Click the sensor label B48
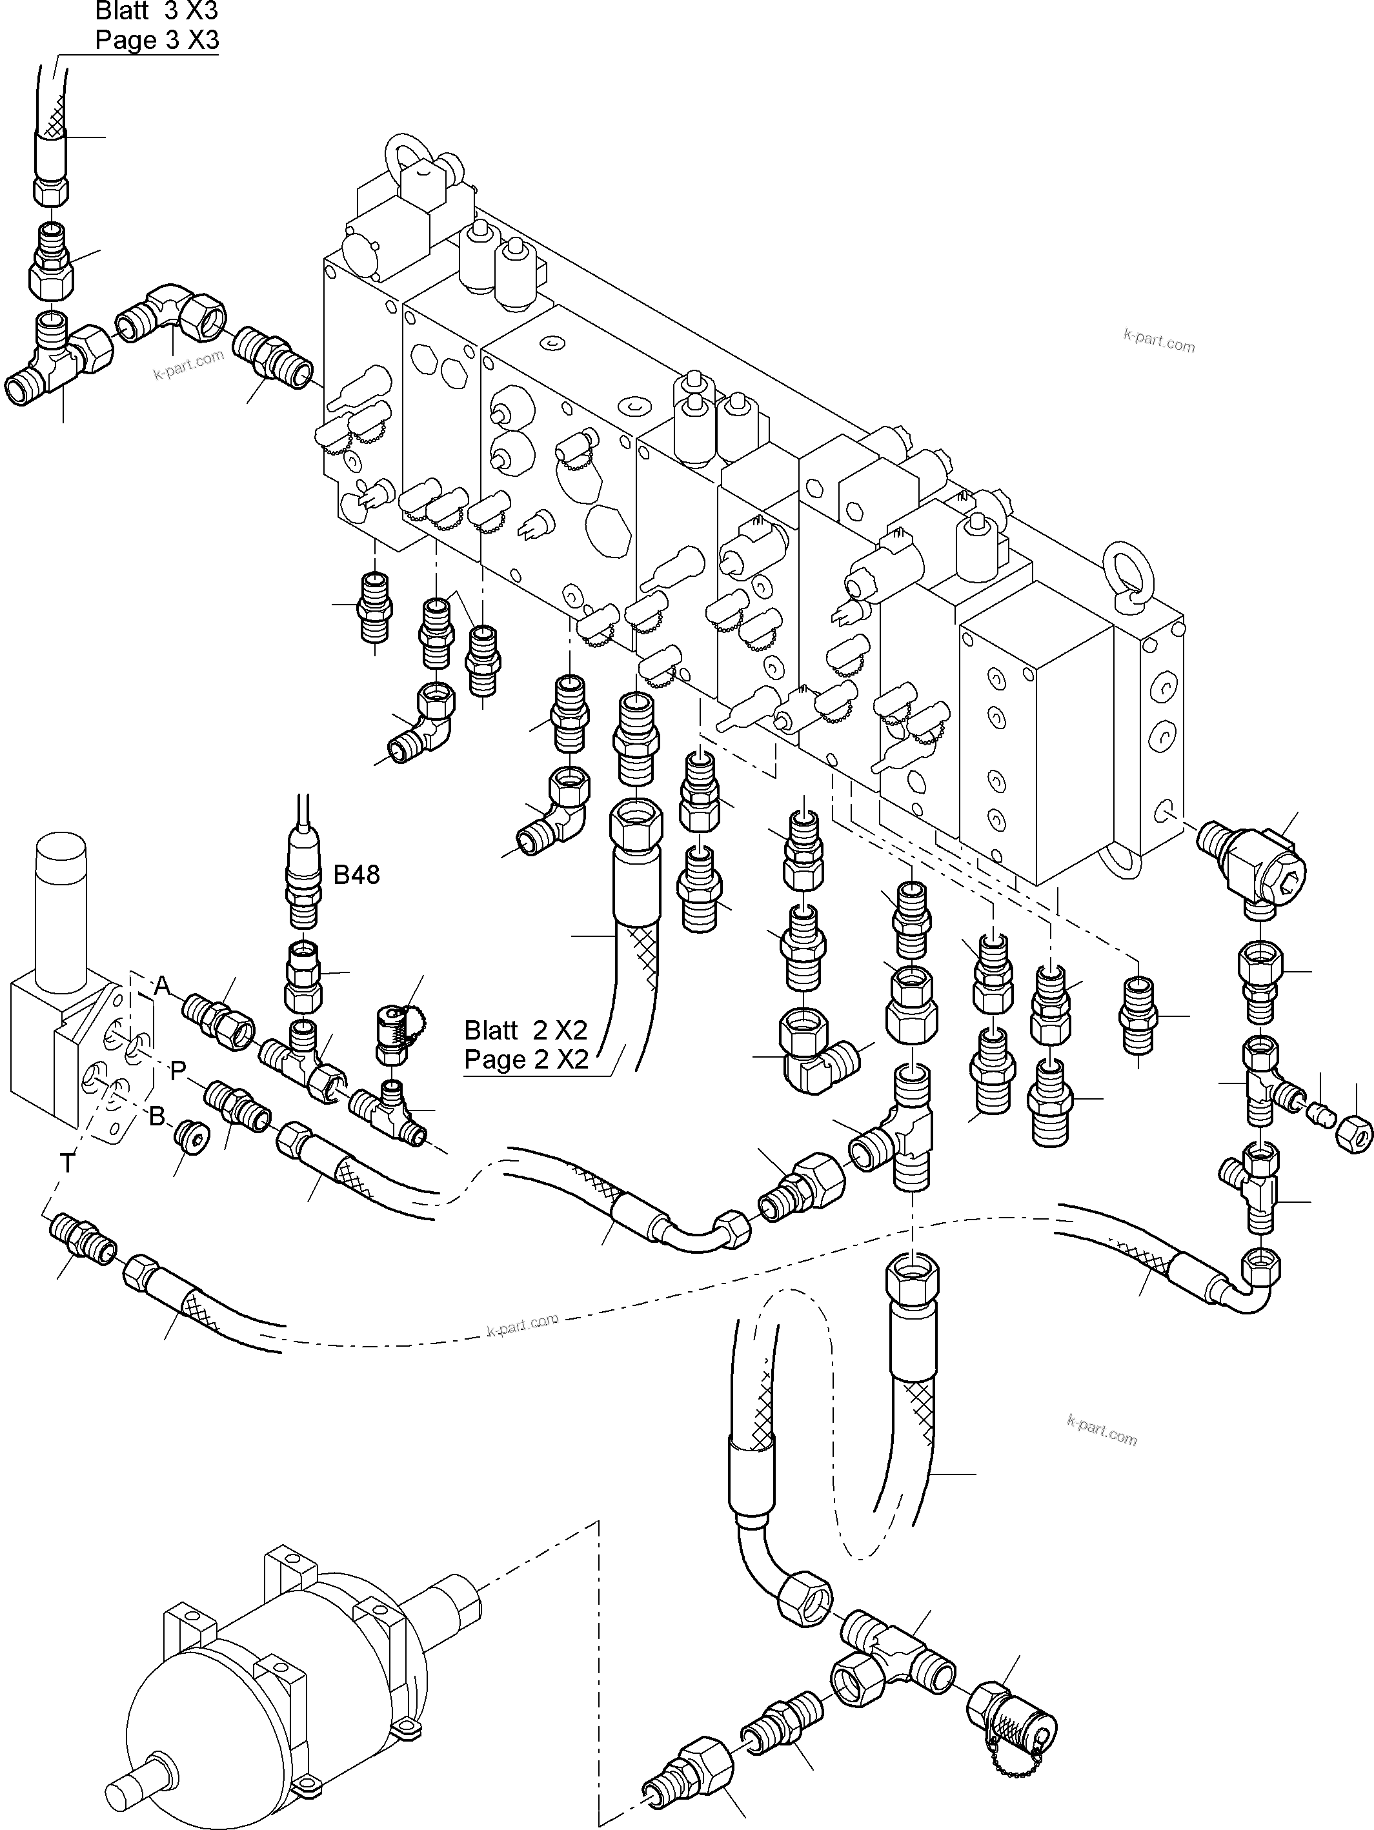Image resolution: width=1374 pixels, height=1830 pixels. [356, 874]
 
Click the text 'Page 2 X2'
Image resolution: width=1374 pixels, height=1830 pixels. [525, 1060]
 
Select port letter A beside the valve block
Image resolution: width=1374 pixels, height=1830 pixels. [162, 985]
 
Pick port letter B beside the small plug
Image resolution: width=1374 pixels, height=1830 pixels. [157, 1117]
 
